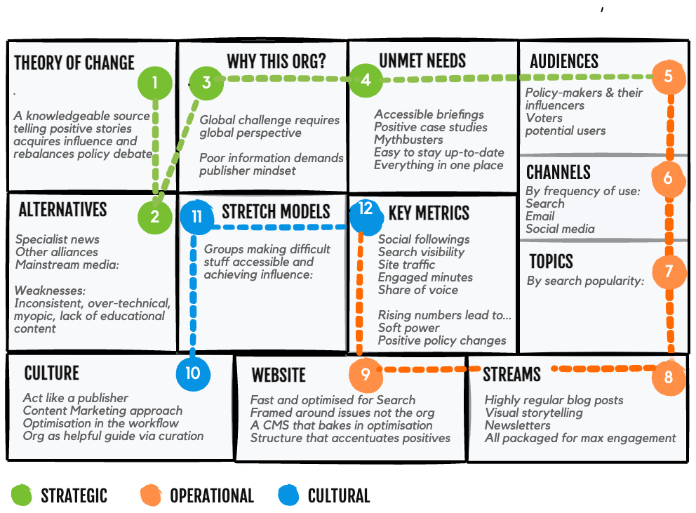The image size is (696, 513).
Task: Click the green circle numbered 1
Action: tap(155, 84)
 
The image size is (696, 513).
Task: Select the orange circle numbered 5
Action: tap(668, 76)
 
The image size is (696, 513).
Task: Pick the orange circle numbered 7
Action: tap(668, 272)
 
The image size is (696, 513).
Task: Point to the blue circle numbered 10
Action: tap(193, 373)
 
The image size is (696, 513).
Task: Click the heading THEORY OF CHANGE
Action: tap(74, 62)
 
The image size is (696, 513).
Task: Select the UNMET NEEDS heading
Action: tap(422, 60)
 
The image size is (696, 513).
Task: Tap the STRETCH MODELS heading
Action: tap(276, 212)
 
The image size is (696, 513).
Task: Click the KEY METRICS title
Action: tap(429, 213)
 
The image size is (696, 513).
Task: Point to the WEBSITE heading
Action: tap(279, 375)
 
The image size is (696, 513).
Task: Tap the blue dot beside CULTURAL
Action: tap(288, 495)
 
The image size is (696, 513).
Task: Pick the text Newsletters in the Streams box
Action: tap(517, 425)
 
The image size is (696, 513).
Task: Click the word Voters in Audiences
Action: tap(544, 118)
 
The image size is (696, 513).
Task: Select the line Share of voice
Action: tap(417, 290)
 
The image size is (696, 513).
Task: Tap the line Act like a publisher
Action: tap(75, 398)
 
